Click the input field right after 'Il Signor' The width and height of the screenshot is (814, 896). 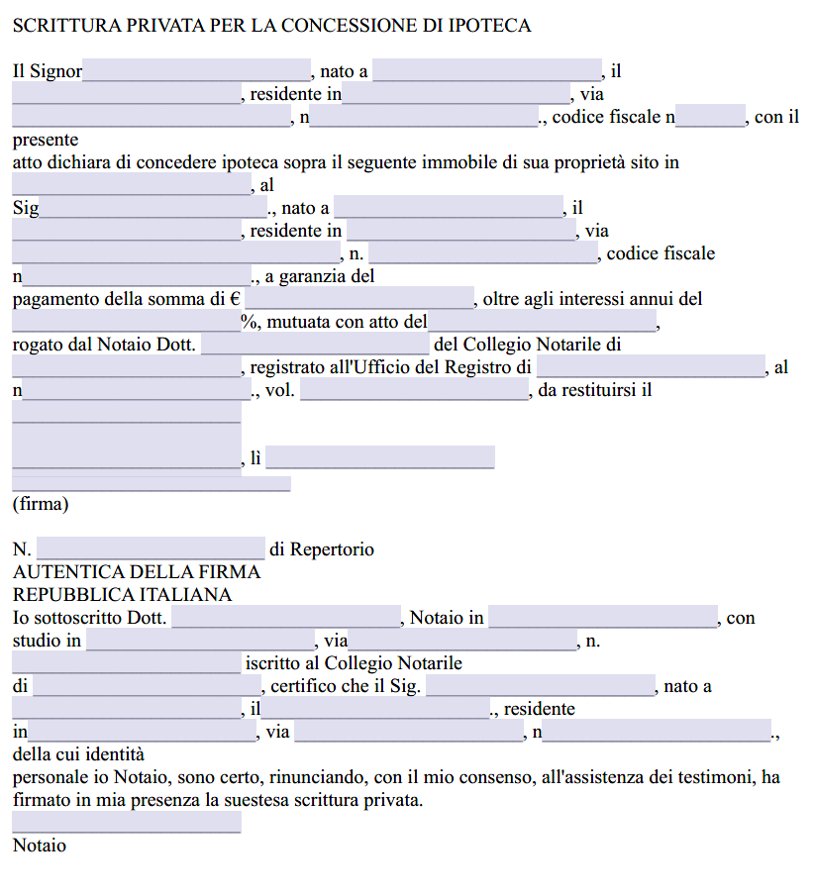click(x=197, y=71)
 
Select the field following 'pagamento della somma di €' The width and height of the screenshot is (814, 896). click(x=360, y=298)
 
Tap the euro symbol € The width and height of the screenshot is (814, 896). click(x=236, y=299)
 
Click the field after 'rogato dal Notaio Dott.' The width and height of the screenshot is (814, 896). click(x=316, y=345)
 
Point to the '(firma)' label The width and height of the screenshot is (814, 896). click(x=41, y=504)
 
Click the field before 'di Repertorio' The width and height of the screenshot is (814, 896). click(x=151, y=548)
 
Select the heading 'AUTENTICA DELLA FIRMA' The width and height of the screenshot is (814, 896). click(x=137, y=572)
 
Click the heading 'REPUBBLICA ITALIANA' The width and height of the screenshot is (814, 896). click(x=122, y=595)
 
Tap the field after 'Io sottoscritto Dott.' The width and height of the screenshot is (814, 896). click(x=285, y=618)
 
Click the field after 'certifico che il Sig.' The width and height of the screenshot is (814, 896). click(x=540, y=686)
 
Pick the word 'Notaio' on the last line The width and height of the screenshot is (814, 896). click(x=40, y=846)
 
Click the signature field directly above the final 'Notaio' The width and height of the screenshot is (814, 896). click(x=127, y=822)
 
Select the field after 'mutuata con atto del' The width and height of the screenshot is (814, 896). click(x=543, y=322)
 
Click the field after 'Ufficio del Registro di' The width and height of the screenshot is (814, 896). click(x=651, y=367)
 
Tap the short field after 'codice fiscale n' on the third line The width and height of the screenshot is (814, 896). click(x=711, y=117)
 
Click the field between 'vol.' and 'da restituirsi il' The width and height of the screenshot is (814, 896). click(x=414, y=390)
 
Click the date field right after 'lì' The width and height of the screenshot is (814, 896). click(x=380, y=457)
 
